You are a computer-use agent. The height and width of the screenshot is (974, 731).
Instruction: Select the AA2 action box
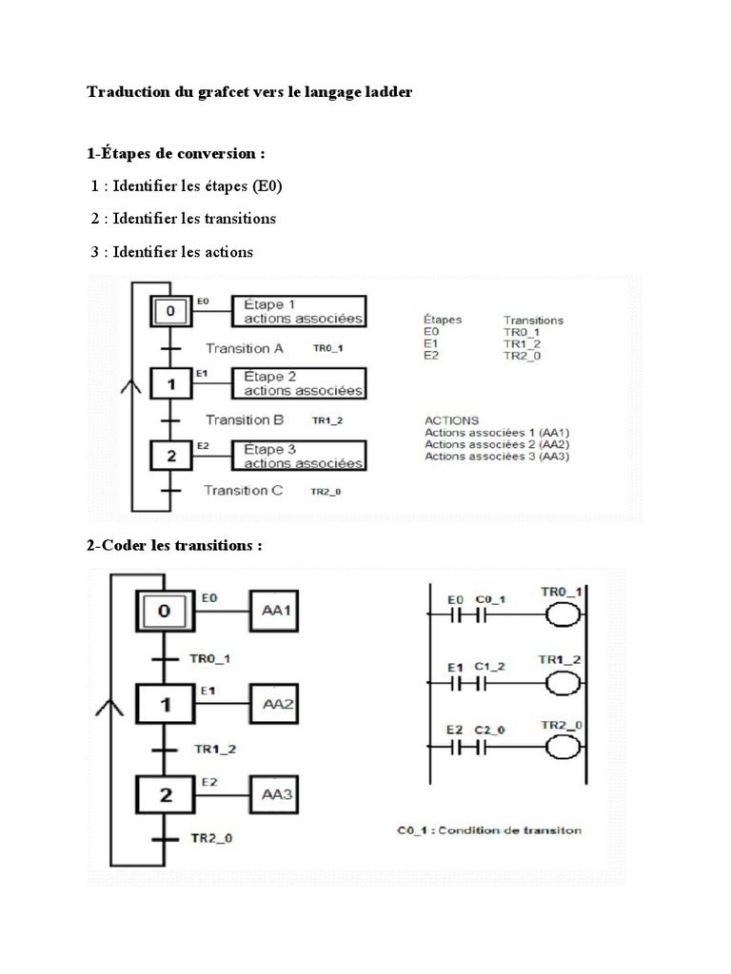coord(276,705)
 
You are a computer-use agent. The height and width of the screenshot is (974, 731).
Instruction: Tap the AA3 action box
coord(276,794)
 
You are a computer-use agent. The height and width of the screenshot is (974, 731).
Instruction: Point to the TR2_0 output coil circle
coord(561,749)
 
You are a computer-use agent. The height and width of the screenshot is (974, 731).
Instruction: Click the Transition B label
coord(245,419)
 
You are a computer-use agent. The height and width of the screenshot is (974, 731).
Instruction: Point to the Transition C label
coord(244,490)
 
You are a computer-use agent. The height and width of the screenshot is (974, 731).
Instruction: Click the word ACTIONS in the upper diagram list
coord(452,419)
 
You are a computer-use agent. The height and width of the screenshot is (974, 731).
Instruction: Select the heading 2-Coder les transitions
coord(174,546)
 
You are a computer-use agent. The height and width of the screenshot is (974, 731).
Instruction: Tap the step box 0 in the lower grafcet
coord(165,612)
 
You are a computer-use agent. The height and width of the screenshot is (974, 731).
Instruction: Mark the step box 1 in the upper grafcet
coord(171,384)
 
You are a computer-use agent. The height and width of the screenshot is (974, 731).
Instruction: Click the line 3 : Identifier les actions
coord(172,252)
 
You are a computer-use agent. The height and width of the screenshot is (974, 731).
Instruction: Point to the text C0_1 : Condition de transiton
coord(489,829)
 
